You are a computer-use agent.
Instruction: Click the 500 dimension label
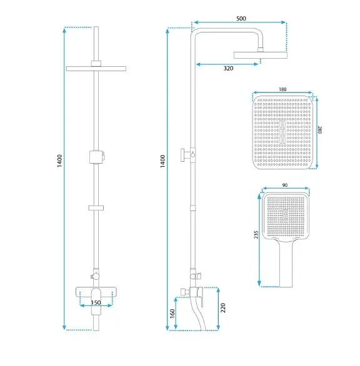click(241, 19)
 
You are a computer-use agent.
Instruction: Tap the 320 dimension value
click(228, 68)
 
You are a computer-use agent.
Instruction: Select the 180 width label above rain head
click(282, 89)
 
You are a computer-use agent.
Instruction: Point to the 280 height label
click(320, 130)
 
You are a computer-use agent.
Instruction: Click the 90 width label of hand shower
click(284, 185)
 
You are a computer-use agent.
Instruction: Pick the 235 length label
click(256, 235)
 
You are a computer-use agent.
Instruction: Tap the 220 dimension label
click(223, 308)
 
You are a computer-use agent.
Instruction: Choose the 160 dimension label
click(172, 314)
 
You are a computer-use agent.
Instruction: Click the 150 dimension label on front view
click(96, 302)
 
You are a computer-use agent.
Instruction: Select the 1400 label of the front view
click(59, 161)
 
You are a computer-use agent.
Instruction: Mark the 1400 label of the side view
click(162, 161)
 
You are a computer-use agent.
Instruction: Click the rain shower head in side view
click(260, 55)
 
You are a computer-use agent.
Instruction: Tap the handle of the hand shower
click(286, 264)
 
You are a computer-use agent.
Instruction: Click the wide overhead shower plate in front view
click(96, 69)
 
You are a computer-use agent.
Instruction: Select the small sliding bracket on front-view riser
click(96, 208)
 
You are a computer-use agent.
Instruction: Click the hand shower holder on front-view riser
click(97, 157)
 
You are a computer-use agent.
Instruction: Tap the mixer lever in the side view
click(201, 297)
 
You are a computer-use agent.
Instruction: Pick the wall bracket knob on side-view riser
click(185, 154)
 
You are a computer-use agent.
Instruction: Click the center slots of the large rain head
click(282, 132)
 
